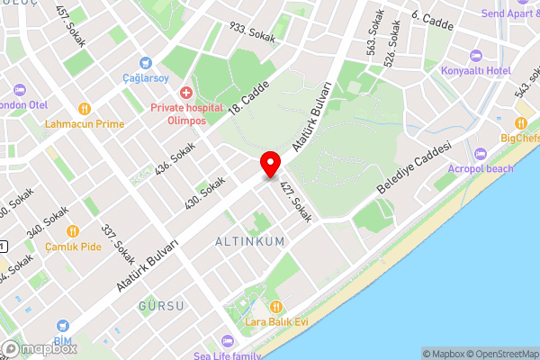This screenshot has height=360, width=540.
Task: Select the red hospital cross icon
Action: pos(186,92)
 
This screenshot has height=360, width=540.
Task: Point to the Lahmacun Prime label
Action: pos(85,123)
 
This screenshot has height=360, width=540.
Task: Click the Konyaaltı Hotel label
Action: pos(476,70)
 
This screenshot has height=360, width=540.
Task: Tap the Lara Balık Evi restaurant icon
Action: pos(278,307)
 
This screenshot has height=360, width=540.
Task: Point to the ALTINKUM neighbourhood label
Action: pos(249,241)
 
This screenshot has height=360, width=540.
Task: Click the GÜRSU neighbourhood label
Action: pos(162,306)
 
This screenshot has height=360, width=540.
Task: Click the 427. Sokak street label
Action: pos(296,203)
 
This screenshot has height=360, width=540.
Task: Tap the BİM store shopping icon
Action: pos(63,328)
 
